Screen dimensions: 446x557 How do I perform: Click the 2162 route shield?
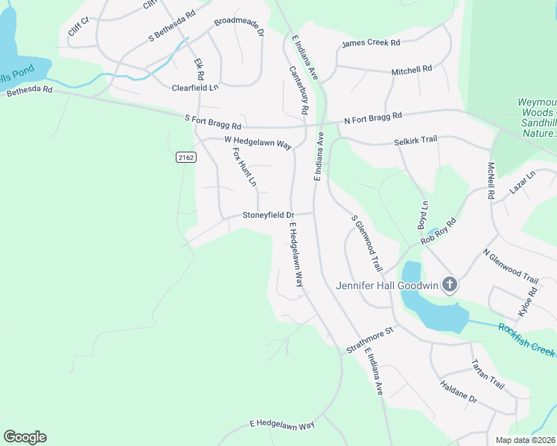point(186,158)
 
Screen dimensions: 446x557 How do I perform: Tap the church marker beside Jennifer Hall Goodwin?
point(449,285)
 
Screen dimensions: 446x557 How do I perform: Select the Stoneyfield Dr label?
point(269,216)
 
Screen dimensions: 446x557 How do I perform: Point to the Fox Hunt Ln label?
point(245,167)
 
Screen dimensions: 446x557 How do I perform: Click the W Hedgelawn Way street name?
point(258,142)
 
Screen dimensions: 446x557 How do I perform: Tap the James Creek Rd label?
point(371,44)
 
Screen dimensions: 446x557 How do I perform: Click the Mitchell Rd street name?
point(412,69)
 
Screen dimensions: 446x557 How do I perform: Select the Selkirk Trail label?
point(416,140)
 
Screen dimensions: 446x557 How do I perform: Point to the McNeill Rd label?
point(491,181)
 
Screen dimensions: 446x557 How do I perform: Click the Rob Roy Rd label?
point(438,230)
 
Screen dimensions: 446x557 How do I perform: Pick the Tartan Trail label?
point(488,375)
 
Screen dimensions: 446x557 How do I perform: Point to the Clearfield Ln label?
point(195,88)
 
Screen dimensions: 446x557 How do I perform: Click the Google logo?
point(25,437)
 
